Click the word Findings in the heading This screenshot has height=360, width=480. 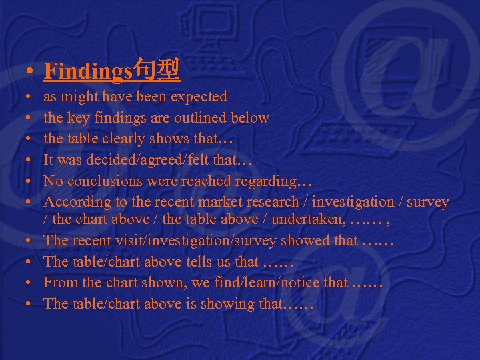[89, 70]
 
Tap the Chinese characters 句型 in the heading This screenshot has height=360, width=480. [157, 69]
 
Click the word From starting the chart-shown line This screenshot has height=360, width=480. [59, 283]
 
